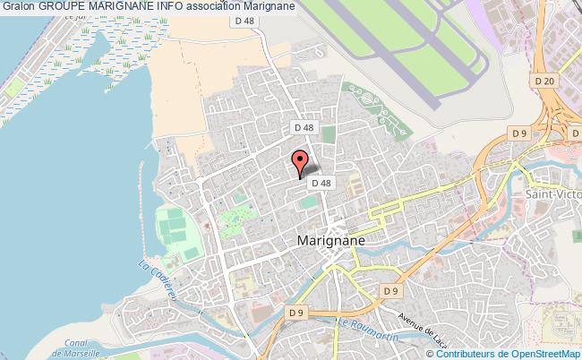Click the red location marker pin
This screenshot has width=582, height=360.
click(x=302, y=162)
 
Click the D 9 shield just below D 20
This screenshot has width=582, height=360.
click(x=520, y=133)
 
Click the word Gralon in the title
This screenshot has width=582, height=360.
click(x=17, y=8)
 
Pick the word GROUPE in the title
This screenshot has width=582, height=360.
click(x=64, y=8)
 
